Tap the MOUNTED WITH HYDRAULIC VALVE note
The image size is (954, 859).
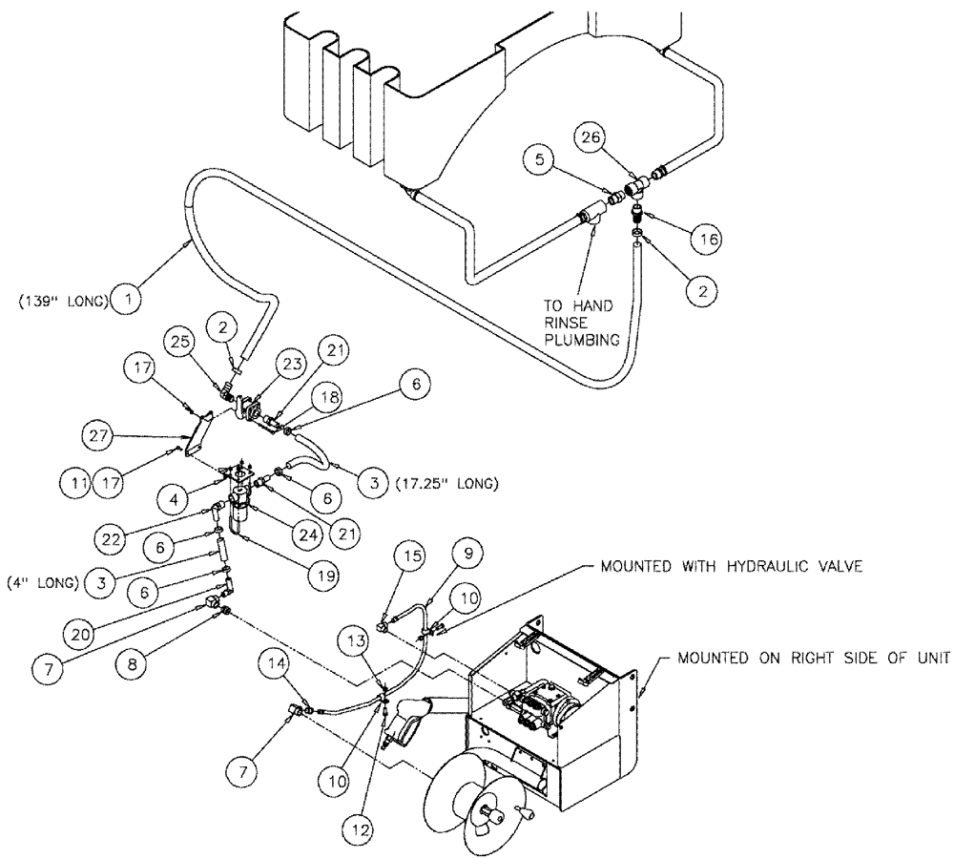point(731,566)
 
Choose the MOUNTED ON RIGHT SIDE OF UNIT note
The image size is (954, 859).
point(814,659)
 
